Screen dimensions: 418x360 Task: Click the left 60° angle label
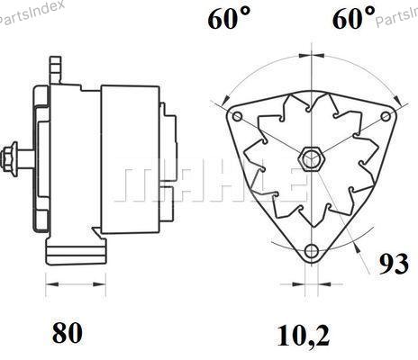click(x=229, y=18)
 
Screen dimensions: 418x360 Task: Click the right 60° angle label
click(x=354, y=18)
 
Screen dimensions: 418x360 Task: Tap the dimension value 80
click(x=68, y=333)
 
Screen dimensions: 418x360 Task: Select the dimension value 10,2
click(x=304, y=336)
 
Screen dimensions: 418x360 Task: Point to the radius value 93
click(x=394, y=264)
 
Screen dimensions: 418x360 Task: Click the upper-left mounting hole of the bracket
click(x=237, y=116)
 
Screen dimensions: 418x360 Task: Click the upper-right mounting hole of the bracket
click(x=386, y=116)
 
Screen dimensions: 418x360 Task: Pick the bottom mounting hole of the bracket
click(x=311, y=250)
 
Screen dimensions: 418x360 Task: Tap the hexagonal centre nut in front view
click(x=312, y=159)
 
